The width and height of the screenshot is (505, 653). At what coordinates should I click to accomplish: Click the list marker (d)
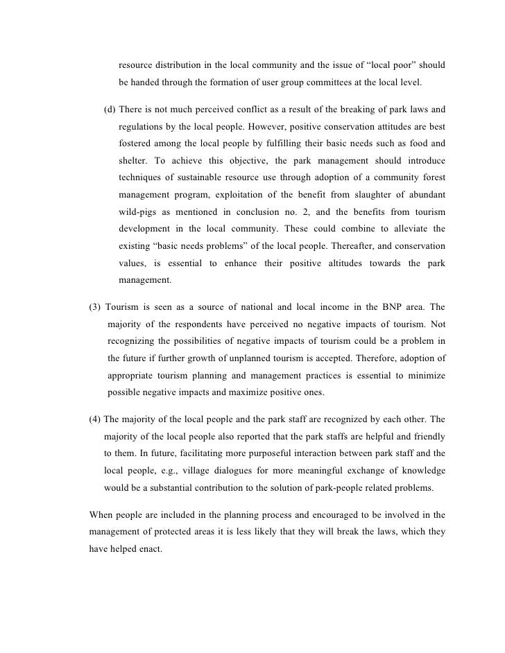(x=110, y=110)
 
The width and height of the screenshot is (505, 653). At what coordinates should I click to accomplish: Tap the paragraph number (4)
(x=97, y=420)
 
